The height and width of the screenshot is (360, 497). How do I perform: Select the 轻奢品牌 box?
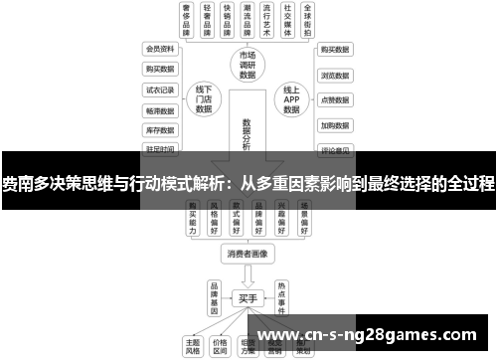tap(208, 20)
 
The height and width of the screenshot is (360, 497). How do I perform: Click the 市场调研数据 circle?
tap(248, 63)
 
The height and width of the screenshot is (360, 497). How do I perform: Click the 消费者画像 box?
tap(248, 254)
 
